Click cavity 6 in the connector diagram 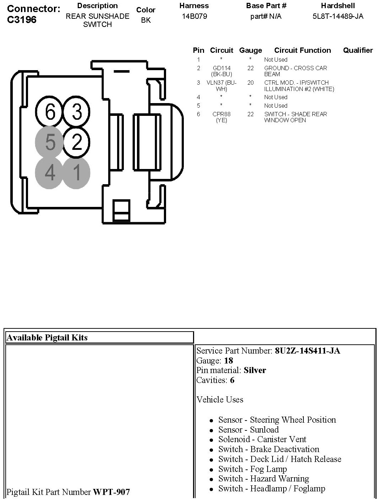(x=50, y=112)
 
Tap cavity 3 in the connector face (x=77, y=112)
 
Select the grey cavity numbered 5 (x=50, y=142)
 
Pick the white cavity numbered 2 (x=77, y=142)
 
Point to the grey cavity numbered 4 (x=50, y=173)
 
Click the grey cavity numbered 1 (x=77, y=173)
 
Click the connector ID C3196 (x=22, y=19)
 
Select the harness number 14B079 (x=194, y=16)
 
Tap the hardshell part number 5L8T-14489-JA (x=337, y=16)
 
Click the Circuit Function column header (x=302, y=50)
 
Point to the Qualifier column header (x=358, y=50)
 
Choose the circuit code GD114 (x=221, y=68)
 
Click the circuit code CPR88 (x=221, y=114)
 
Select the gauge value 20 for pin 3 (x=251, y=83)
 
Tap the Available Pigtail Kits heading (x=47, y=338)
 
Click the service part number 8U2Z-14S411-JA (x=307, y=351)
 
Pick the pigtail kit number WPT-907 (x=111, y=492)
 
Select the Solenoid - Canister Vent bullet (x=262, y=439)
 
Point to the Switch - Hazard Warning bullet (x=264, y=479)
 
